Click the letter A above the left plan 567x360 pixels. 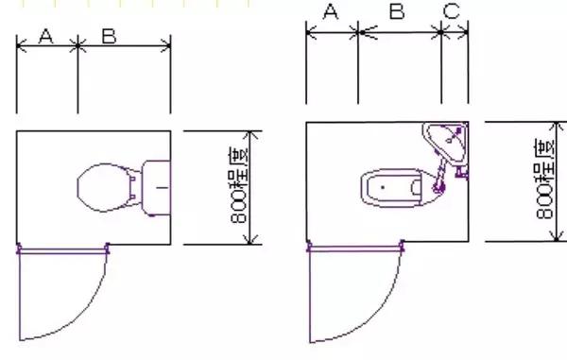46,35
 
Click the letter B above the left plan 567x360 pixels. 109,35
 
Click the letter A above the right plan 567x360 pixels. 331,11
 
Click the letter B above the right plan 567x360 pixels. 397,11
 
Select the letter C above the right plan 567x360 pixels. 452,11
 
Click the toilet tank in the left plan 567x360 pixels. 156,188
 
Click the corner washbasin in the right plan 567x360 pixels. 448,142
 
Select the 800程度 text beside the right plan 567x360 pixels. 545,180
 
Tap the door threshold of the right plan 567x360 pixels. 354,249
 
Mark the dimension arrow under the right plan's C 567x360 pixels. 455,33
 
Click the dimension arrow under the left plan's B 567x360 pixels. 124,44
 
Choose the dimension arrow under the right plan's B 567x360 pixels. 401,33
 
